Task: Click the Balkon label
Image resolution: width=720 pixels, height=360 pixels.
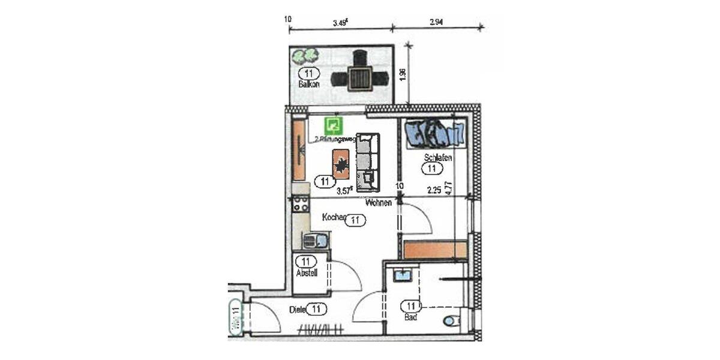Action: pos(309,85)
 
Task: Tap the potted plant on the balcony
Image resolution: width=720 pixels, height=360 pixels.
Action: pos(304,56)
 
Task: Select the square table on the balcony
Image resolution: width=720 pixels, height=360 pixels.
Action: pos(360,78)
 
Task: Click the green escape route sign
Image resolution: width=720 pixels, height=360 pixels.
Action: pos(334,125)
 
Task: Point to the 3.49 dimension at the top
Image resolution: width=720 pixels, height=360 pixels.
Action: pos(341,24)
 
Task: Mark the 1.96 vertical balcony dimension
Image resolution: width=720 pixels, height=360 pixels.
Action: pos(403,74)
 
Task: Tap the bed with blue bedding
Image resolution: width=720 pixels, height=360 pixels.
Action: pos(435,133)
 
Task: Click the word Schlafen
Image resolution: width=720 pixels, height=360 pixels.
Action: pos(437,158)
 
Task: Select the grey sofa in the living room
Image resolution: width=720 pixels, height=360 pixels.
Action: pos(368,162)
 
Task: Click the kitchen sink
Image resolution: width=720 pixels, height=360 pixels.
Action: pos(315,241)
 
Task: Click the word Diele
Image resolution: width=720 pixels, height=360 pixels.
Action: pos(297,310)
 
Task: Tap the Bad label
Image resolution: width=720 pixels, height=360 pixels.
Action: pos(411,316)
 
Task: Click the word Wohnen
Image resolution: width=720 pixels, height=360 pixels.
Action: pos(378,203)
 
